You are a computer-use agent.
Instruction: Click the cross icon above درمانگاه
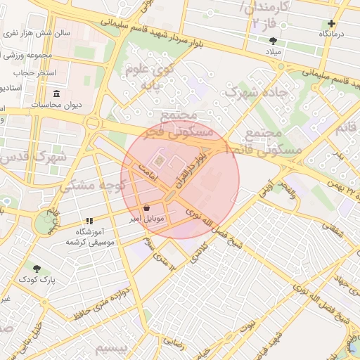coord(332,23)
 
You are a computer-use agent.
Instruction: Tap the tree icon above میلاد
coord(274,41)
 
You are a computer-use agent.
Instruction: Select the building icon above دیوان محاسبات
coord(57,94)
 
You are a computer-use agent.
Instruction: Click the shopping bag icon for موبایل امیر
coord(146,207)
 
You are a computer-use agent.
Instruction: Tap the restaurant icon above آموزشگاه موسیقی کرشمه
coord(89,221)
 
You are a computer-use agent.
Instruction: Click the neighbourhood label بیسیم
coord(112,349)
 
